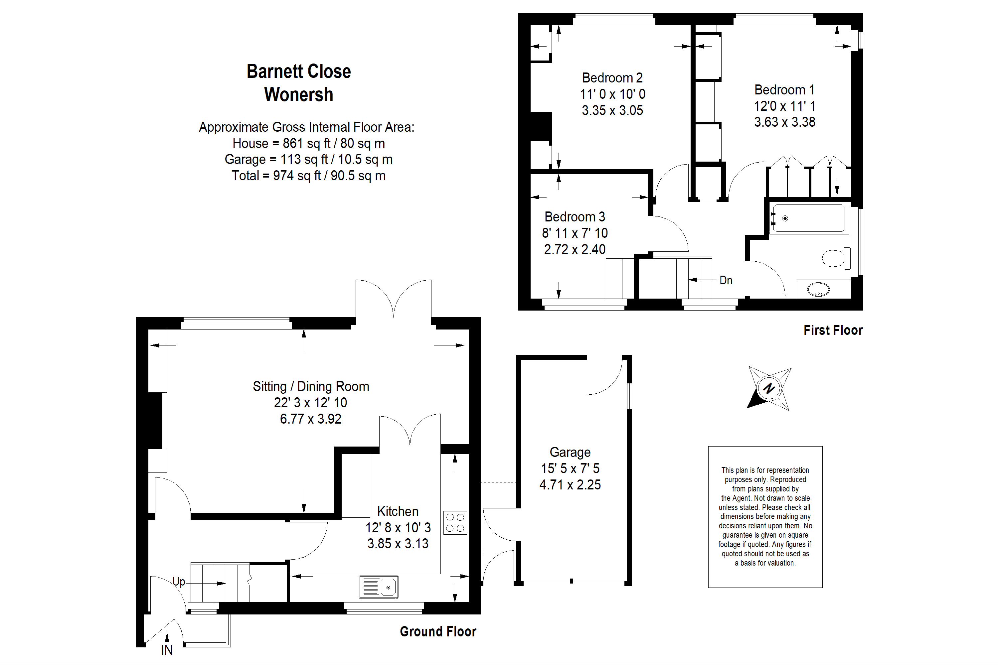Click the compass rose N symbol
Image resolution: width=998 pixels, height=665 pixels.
click(x=769, y=388)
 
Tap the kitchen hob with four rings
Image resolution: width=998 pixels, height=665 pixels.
click(x=455, y=522)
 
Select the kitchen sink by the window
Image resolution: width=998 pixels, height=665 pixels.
click(x=379, y=587)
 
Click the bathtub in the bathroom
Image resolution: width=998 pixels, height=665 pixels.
click(x=810, y=218)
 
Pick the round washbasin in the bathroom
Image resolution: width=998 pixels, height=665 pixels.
click(x=818, y=290)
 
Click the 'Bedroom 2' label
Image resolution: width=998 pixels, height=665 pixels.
click(x=612, y=78)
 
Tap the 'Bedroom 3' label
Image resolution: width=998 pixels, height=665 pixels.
click(x=575, y=217)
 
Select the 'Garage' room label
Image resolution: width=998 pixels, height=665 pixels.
click(x=570, y=453)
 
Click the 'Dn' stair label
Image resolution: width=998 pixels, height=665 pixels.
click(x=726, y=280)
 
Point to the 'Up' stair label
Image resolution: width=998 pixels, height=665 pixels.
click(x=179, y=582)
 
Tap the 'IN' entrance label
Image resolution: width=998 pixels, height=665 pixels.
click(x=167, y=650)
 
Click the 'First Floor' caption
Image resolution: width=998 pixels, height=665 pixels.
click(x=833, y=331)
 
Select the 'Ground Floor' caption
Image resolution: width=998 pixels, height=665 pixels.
click(x=438, y=632)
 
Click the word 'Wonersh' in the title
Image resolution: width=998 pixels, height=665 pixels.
click(x=299, y=94)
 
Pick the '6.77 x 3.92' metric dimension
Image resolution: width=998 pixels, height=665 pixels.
click(x=311, y=419)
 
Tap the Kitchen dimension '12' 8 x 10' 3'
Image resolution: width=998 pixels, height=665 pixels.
click(x=398, y=528)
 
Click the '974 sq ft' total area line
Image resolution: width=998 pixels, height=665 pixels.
click(x=308, y=176)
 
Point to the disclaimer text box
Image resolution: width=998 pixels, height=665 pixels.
click(x=765, y=517)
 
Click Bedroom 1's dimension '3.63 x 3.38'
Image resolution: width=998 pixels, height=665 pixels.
click(x=784, y=122)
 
